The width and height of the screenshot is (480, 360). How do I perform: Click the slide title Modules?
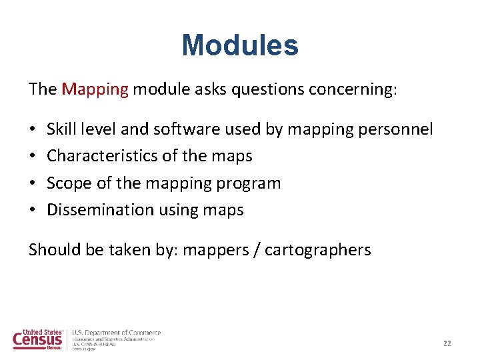[240, 46]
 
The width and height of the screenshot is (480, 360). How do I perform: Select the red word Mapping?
[95, 89]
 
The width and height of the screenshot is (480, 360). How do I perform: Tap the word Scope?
[67, 183]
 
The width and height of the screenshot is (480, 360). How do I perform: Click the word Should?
[52, 249]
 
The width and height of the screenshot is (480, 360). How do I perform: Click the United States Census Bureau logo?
[39, 339]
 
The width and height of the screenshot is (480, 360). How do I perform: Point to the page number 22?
[447, 343]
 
